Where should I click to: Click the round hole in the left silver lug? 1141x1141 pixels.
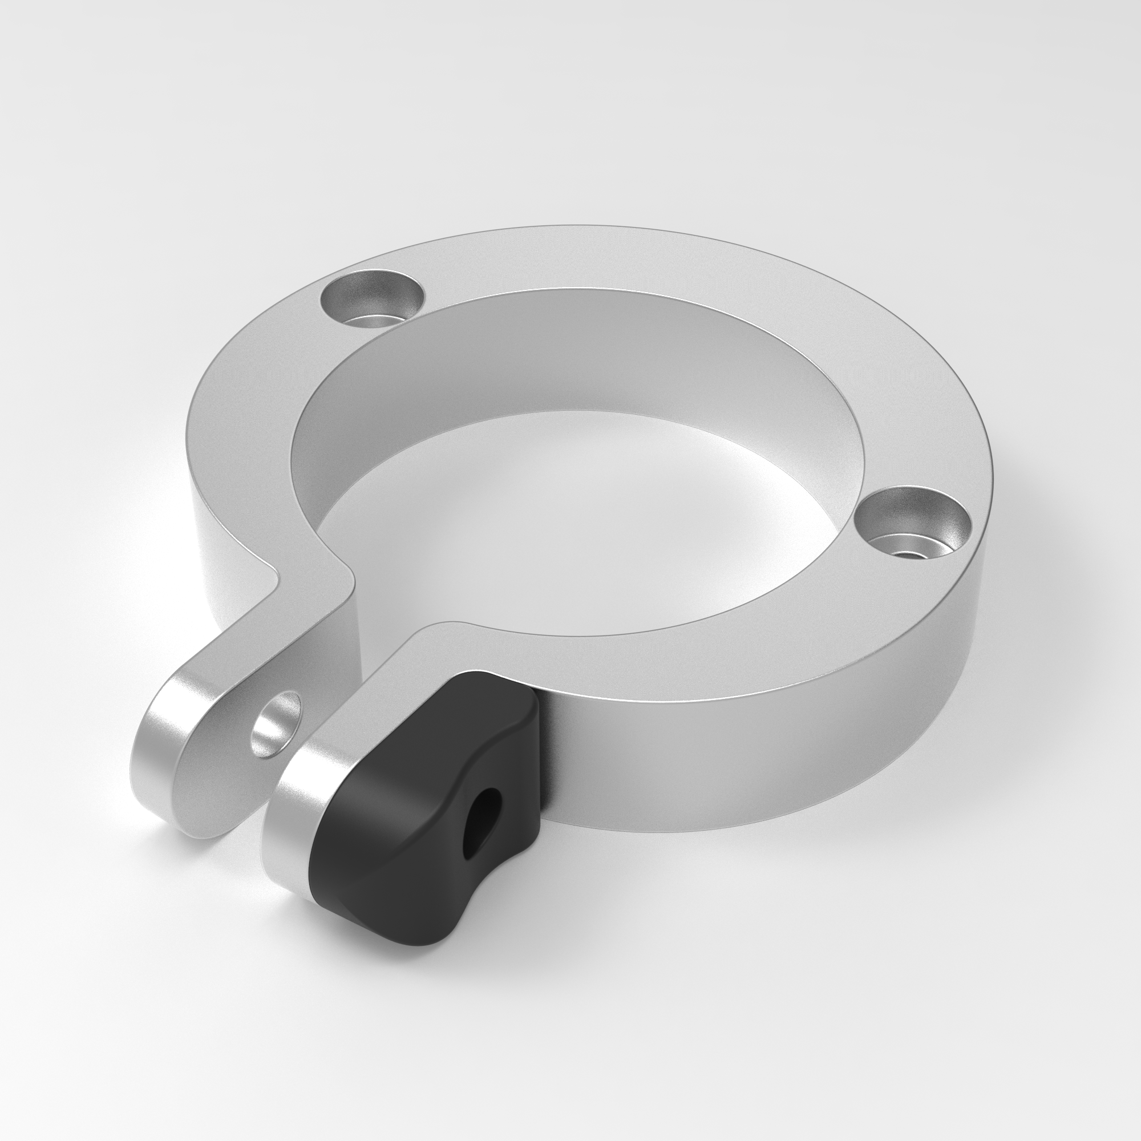click(x=274, y=725)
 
